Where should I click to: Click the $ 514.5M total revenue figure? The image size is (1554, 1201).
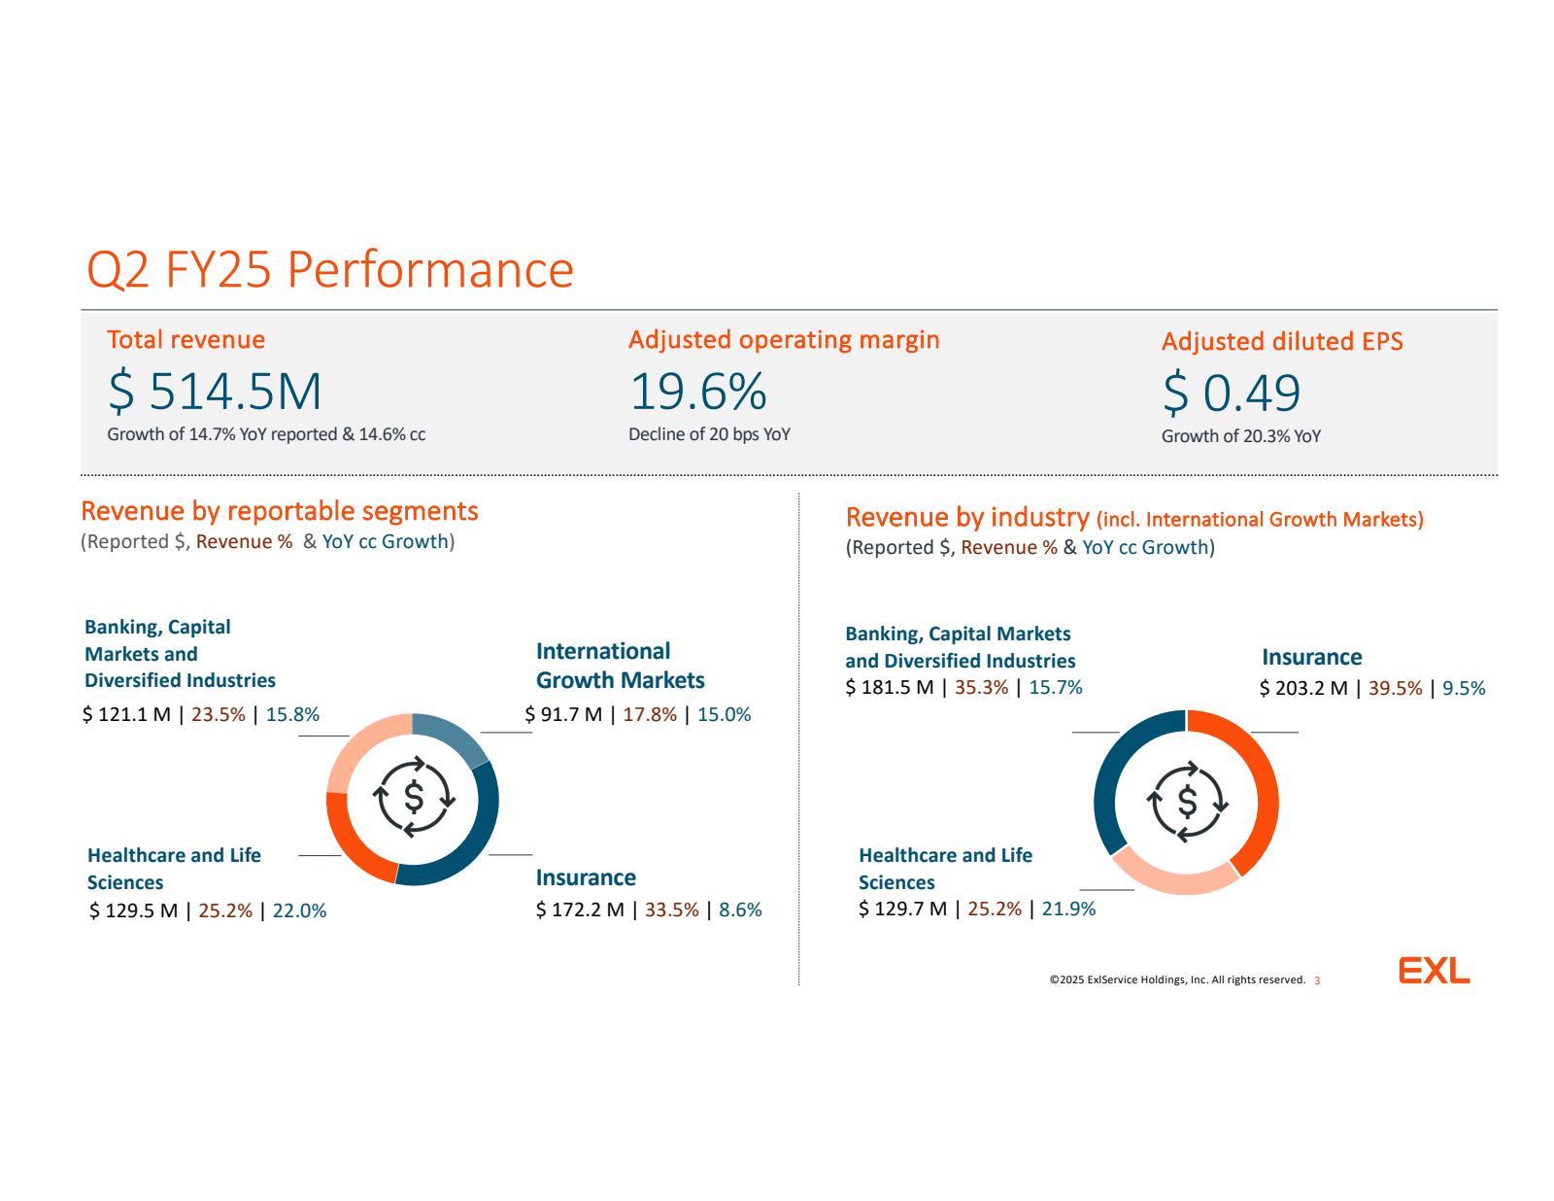pyautogui.click(x=215, y=392)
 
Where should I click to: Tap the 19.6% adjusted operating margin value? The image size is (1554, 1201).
pyautogui.click(x=698, y=392)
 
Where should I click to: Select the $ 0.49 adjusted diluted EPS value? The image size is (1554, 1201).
pyautogui.click(x=1232, y=394)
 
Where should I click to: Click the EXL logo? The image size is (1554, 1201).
pyautogui.click(x=1434, y=971)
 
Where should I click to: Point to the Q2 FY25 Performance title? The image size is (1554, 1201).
pyautogui.click(x=330, y=269)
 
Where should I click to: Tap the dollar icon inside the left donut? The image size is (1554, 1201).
pyautogui.click(x=414, y=798)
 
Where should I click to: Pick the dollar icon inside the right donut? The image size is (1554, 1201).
pyautogui.click(x=1187, y=803)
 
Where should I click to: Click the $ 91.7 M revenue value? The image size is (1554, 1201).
pyautogui.click(x=563, y=715)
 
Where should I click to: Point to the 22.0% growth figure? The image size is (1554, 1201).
pyautogui.click(x=299, y=911)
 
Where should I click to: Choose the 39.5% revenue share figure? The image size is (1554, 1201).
pyautogui.click(x=1395, y=689)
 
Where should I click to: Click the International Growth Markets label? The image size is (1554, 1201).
pyautogui.click(x=620, y=666)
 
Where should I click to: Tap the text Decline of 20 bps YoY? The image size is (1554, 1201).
pyautogui.click(x=709, y=434)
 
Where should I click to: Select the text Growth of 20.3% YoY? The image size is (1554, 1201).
pyautogui.click(x=1240, y=436)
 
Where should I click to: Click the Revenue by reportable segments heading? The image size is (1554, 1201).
pyautogui.click(x=280, y=511)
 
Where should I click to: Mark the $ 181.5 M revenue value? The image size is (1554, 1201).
pyautogui.click(x=889, y=688)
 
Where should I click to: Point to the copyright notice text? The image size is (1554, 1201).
pyautogui.click(x=1177, y=979)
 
